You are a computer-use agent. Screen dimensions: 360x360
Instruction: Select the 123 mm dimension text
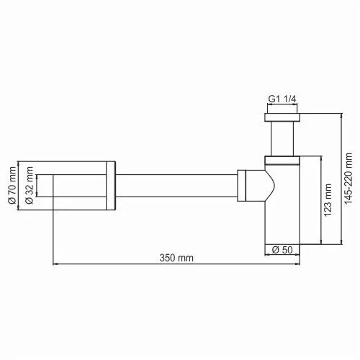click(327, 200)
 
